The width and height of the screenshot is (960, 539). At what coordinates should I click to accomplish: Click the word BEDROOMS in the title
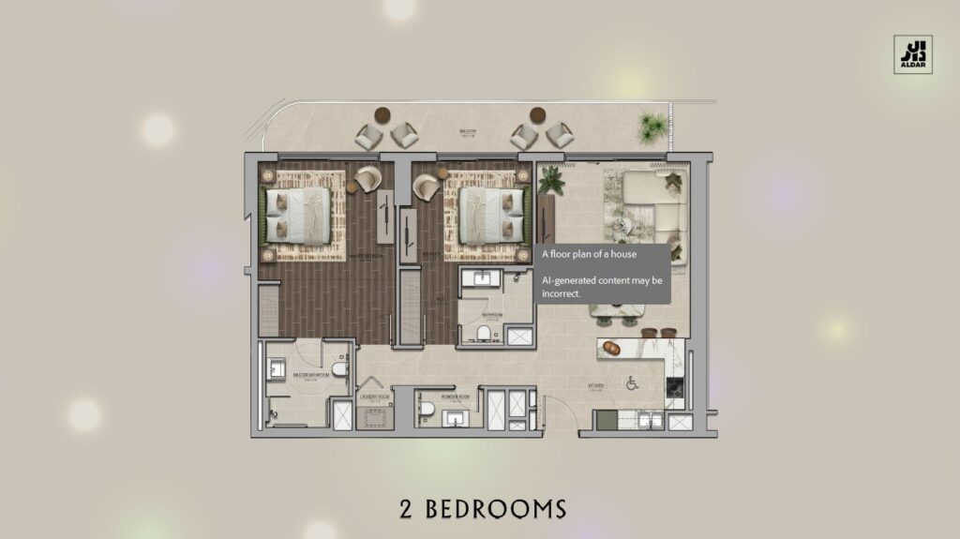496,509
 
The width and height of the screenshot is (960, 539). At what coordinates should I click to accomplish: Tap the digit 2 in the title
406,509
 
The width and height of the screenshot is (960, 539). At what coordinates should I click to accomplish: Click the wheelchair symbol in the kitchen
631,382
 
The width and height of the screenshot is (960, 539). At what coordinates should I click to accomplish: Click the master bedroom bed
298,215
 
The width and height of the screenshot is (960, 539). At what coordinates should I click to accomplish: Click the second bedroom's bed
489,215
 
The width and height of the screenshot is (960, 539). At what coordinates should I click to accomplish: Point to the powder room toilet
427,409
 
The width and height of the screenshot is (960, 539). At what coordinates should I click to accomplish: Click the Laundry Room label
374,397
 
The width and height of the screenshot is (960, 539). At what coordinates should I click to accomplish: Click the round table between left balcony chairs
383,116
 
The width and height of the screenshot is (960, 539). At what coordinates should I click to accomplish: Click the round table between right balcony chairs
537,116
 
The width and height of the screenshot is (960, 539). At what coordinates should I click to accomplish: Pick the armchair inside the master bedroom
368,178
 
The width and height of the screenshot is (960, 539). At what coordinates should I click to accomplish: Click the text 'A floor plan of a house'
590,254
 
